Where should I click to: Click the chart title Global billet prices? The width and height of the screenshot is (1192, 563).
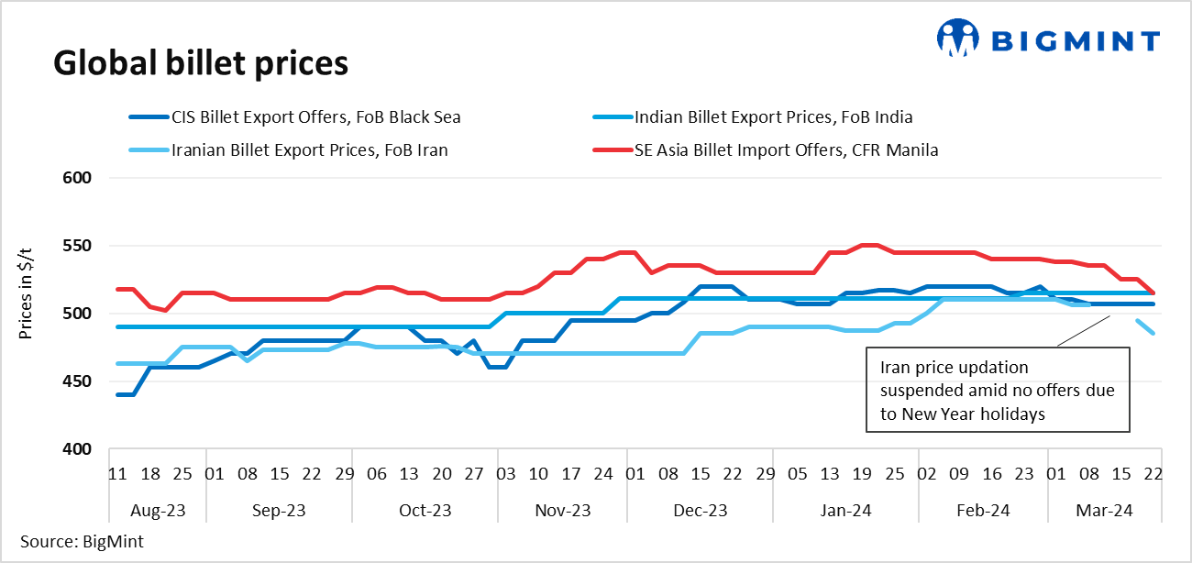(x=200, y=63)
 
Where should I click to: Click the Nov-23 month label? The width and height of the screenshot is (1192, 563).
(x=561, y=510)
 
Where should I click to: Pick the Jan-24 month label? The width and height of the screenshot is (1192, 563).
(x=844, y=510)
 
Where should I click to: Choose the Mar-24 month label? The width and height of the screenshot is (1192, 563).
(x=1102, y=510)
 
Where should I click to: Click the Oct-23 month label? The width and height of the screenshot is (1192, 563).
(x=425, y=510)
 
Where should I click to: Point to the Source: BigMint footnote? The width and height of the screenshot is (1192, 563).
(x=82, y=541)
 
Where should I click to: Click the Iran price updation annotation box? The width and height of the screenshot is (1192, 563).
(x=998, y=390)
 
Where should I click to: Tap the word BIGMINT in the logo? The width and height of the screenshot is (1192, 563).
(x=1077, y=40)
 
